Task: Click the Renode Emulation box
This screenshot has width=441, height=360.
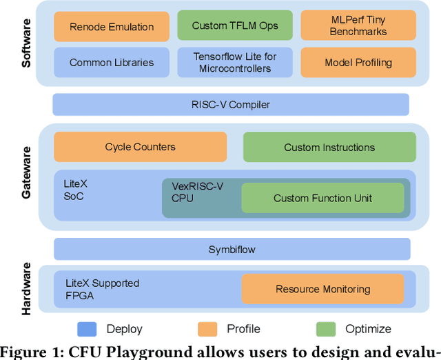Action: click(x=112, y=27)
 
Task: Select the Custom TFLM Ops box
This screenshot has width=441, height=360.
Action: click(x=235, y=26)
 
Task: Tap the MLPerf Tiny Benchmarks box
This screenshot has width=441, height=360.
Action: click(x=358, y=26)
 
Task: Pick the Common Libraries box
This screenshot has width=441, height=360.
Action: click(x=112, y=62)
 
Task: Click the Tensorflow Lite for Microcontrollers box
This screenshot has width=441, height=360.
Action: click(x=235, y=62)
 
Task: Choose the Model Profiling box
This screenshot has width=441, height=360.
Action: click(x=358, y=62)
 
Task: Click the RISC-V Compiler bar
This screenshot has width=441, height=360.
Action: click(x=231, y=104)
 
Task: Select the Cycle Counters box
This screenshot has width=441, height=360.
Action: click(x=140, y=147)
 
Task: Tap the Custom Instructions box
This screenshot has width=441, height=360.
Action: click(x=329, y=147)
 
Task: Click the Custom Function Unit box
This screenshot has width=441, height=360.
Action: click(x=322, y=198)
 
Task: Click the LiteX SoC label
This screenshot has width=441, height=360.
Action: click(x=76, y=190)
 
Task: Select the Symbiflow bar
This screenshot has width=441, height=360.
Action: click(x=231, y=249)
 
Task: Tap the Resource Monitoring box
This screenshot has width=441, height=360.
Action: click(x=322, y=289)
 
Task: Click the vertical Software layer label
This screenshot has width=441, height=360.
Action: click(x=27, y=43)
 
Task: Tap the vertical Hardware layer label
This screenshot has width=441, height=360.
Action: click(x=27, y=288)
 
